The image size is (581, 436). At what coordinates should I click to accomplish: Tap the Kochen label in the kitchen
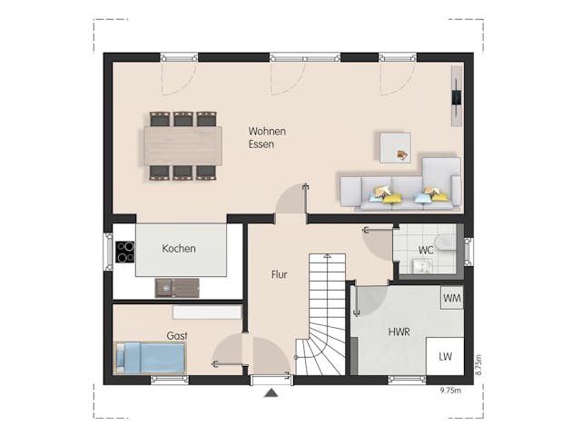tap(179, 248)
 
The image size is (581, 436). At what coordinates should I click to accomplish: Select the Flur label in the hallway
tap(280, 273)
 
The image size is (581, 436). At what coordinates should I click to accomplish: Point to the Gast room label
tap(177, 336)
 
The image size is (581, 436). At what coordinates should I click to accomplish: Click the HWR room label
tap(399, 332)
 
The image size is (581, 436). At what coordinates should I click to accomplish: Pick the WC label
tap(425, 250)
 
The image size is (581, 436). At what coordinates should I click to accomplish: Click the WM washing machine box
tap(451, 298)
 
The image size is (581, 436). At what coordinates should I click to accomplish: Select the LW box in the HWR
tap(446, 357)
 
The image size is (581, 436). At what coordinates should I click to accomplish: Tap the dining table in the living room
tap(182, 145)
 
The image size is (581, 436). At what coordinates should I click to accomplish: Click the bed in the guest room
tap(150, 357)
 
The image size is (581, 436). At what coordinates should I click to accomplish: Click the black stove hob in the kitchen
tap(124, 252)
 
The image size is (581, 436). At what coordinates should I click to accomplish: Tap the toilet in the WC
tap(445, 243)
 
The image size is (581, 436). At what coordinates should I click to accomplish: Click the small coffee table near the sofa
tap(395, 147)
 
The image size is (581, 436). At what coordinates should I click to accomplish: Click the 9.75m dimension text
tap(450, 391)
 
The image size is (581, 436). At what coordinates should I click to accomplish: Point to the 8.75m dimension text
tap(479, 364)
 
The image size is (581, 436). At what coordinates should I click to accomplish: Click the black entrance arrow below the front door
tap(270, 393)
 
